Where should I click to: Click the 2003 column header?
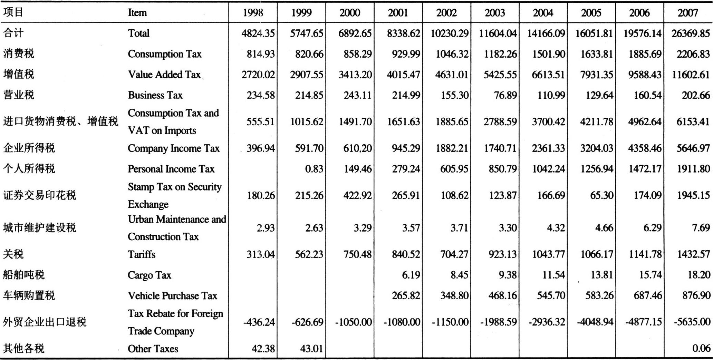point(494,13)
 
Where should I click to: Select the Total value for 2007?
point(691,33)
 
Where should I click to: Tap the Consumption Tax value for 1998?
point(261,54)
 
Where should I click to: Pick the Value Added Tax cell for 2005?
point(596,75)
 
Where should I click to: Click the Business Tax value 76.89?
point(505,95)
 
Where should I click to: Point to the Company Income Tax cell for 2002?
point(451,148)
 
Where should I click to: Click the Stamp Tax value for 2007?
point(693,195)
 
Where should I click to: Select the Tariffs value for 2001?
point(406,254)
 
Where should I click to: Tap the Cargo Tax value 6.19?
point(411,275)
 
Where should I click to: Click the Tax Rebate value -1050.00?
point(354,322)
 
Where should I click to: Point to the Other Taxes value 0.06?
point(701,348)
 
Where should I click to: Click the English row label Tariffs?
point(142,254)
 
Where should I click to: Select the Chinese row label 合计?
point(13,33)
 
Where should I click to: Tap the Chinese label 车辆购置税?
point(29,295)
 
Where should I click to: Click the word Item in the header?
point(137,13)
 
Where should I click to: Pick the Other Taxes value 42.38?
point(263,348)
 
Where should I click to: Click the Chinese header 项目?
point(13,12)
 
